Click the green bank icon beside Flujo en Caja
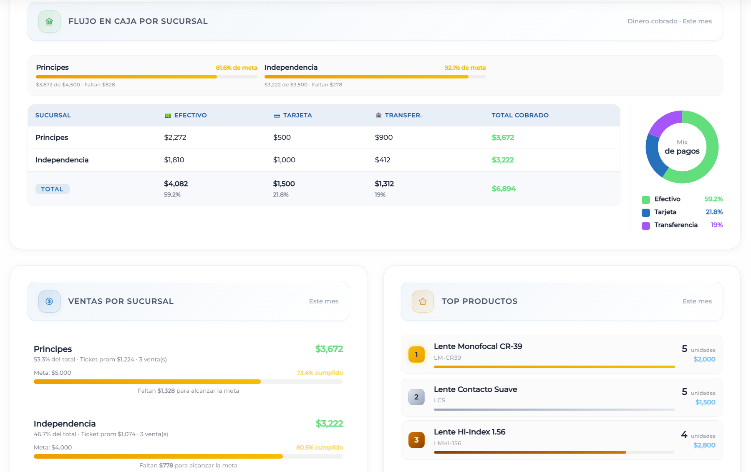(x=49, y=22)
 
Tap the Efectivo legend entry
(x=667, y=199)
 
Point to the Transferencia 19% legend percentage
(x=716, y=225)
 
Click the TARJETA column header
(x=297, y=115)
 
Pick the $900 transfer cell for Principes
(x=383, y=137)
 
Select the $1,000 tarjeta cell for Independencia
(x=284, y=160)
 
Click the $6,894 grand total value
(x=503, y=189)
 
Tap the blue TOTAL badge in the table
(x=52, y=189)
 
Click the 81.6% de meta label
(x=236, y=68)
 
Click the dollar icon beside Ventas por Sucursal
(x=49, y=301)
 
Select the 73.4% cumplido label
(x=320, y=373)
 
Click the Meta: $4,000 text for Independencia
(x=53, y=447)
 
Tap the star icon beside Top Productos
(x=423, y=301)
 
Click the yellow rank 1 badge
(x=416, y=354)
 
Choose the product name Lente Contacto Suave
(x=475, y=389)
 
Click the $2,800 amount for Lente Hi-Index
(x=704, y=445)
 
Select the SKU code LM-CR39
(x=447, y=358)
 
